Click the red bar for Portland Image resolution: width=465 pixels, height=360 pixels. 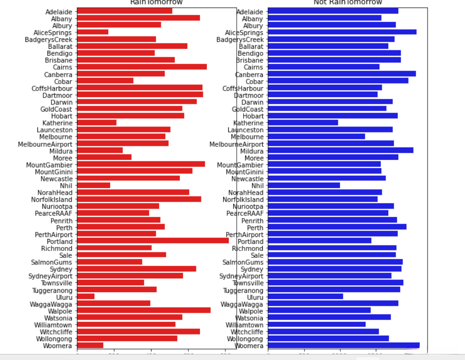click(x=153, y=241)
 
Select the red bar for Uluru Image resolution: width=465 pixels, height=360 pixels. click(x=86, y=297)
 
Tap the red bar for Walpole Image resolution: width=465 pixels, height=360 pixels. click(x=144, y=310)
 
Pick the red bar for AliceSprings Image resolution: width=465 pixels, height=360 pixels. click(x=93, y=32)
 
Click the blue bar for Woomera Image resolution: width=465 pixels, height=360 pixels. click(x=343, y=345)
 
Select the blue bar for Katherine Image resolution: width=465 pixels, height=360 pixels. click(x=303, y=122)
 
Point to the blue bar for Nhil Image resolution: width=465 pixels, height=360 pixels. click(x=304, y=185)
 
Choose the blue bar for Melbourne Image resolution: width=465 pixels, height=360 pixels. click(x=316, y=136)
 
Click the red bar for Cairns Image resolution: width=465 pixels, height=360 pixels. click(x=142, y=67)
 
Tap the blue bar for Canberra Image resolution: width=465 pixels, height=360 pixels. click(x=342, y=74)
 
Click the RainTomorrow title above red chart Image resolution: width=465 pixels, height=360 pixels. click(x=156, y=2)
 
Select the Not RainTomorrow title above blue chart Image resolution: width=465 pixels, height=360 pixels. click(x=347, y=2)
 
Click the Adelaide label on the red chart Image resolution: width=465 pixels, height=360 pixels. click(x=58, y=11)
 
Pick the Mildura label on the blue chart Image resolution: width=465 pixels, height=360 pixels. click(x=252, y=150)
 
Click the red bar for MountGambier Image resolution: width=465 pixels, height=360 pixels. click(x=141, y=164)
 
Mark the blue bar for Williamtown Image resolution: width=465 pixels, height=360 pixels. click(x=317, y=324)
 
